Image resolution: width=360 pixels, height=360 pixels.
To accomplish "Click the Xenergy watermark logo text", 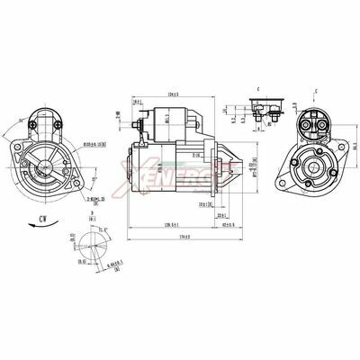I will click(x=180, y=171).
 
